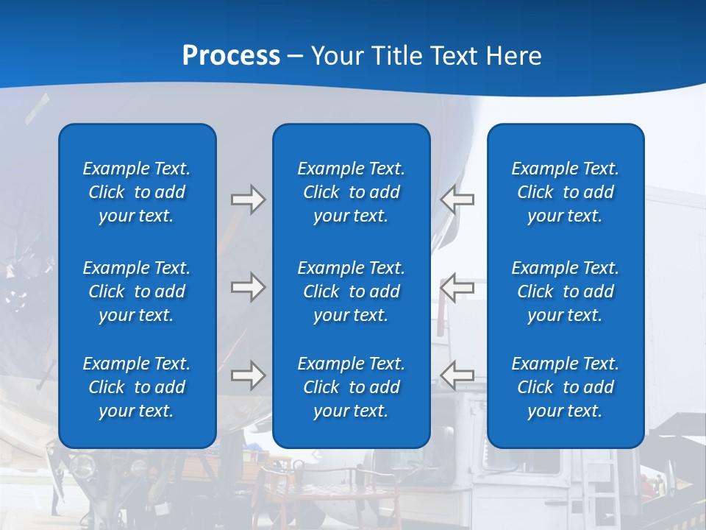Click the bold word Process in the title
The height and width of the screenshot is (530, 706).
(x=231, y=56)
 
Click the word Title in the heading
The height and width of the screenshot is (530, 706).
(x=398, y=56)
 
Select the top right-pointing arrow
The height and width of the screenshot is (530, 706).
(x=248, y=199)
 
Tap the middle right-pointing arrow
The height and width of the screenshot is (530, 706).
(x=248, y=287)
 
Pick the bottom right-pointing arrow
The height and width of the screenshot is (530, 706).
(x=248, y=375)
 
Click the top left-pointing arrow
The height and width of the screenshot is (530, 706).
(x=457, y=199)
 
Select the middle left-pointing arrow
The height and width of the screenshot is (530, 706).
(x=457, y=287)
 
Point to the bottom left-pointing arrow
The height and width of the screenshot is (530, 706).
(x=457, y=375)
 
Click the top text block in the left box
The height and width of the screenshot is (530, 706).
(x=137, y=192)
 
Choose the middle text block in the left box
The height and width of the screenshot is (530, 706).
(x=137, y=291)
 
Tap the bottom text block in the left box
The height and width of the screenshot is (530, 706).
(x=137, y=387)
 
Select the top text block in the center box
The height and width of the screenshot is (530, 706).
(x=351, y=192)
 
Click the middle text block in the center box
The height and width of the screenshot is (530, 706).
(x=351, y=291)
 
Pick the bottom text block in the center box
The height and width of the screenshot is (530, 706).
(x=351, y=387)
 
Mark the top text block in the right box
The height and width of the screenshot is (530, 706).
(x=565, y=192)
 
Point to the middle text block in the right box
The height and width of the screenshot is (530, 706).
(x=565, y=291)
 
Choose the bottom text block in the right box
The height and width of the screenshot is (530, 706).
(x=565, y=387)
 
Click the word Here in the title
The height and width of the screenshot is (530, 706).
(x=513, y=56)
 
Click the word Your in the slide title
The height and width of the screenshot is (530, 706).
(x=338, y=56)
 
